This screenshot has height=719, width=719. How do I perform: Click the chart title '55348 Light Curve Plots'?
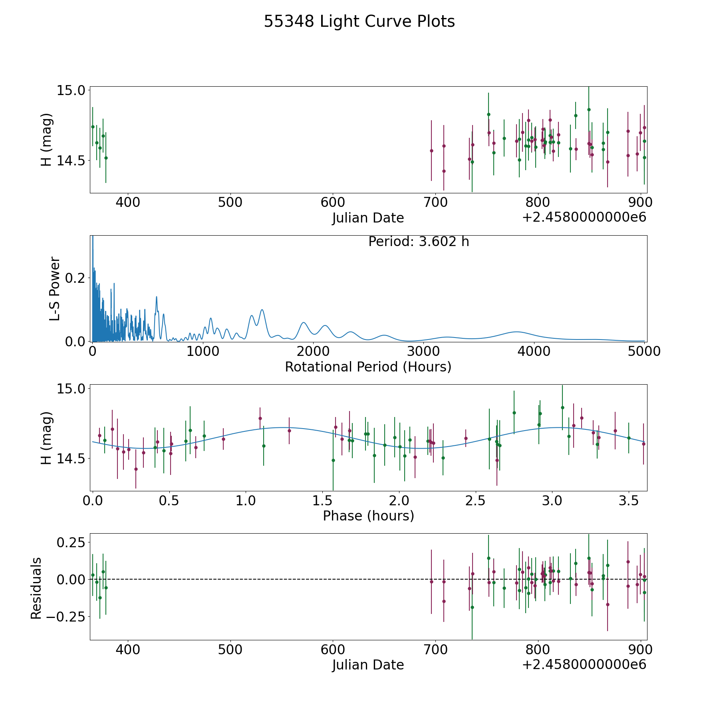(359, 22)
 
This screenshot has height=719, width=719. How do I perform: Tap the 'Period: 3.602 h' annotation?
(419, 242)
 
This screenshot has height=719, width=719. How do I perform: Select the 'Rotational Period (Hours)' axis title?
(368, 367)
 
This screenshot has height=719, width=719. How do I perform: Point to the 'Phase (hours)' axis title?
(368, 516)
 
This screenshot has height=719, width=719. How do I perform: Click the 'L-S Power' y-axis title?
(55, 288)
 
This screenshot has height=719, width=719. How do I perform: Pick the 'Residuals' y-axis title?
(36, 588)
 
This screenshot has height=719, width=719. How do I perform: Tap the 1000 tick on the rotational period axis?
(203, 351)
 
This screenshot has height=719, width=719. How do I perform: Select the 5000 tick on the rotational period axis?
(644, 351)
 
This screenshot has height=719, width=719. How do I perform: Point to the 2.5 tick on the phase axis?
(475, 501)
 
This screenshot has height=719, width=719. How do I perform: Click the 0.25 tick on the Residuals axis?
(71, 543)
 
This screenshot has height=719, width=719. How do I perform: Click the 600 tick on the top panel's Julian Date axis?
(333, 202)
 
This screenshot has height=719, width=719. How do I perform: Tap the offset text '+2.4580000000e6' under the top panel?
(584, 217)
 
